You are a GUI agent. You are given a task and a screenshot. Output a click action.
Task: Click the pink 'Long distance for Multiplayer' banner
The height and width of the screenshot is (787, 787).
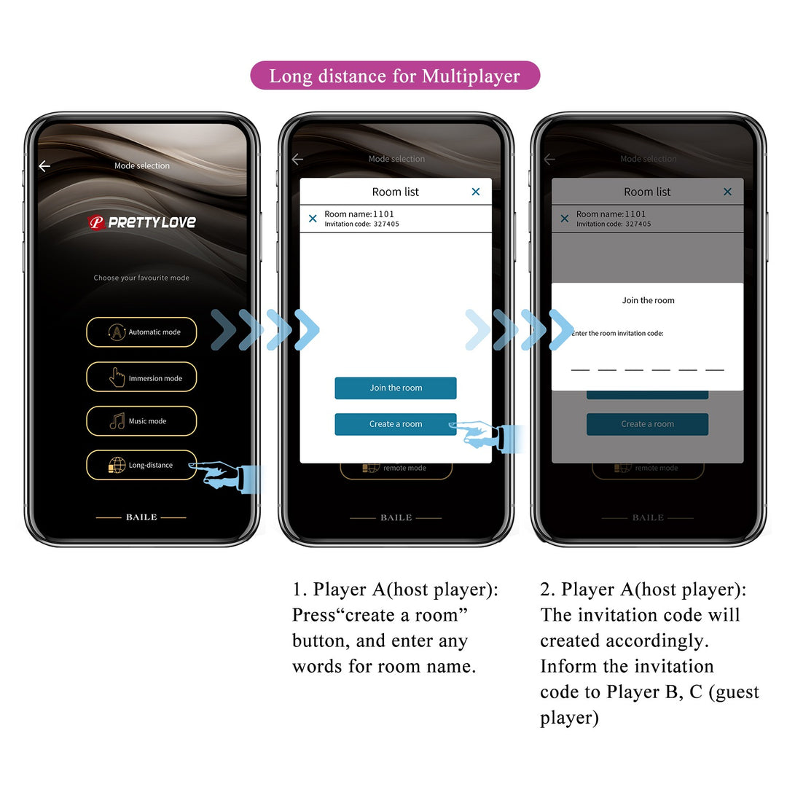pyautogui.click(x=395, y=76)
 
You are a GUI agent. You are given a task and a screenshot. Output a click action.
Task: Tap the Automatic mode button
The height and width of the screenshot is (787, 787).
pyautogui.click(x=141, y=332)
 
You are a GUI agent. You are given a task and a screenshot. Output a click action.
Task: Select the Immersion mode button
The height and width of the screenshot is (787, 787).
pyautogui.click(x=141, y=377)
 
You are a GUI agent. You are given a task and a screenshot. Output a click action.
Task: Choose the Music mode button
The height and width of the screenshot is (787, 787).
pyautogui.click(x=141, y=421)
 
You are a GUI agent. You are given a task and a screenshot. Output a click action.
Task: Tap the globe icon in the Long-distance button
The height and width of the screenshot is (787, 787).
pyautogui.click(x=117, y=465)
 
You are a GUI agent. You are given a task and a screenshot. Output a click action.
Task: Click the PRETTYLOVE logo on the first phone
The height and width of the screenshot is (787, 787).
pyautogui.click(x=142, y=222)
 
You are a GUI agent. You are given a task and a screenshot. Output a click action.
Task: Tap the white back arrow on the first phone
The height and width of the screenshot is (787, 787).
pyautogui.click(x=44, y=166)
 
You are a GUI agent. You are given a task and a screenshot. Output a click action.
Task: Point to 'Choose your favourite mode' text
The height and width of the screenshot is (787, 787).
pyautogui.click(x=141, y=278)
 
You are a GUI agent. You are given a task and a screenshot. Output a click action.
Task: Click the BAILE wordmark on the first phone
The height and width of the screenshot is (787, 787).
pyautogui.click(x=141, y=517)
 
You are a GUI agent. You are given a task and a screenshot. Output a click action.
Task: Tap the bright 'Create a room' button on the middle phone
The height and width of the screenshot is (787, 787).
pyautogui.click(x=396, y=424)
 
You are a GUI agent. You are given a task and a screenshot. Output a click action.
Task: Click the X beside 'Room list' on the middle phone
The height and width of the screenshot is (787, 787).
pyautogui.click(x=476, y=192)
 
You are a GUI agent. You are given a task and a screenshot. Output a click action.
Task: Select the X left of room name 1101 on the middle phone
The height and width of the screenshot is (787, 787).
pyautogui.click(x=313, y=219)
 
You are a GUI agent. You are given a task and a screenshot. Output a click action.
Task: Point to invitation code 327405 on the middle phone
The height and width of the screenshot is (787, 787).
pyautogui.click(x=386, y=224)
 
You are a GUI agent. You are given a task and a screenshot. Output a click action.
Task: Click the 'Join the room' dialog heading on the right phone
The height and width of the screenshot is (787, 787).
pyautogui.click(x=648, y=300)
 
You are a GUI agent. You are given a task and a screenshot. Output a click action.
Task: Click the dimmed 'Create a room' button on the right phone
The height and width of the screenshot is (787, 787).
pyautogui.click(x=647, y=424)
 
